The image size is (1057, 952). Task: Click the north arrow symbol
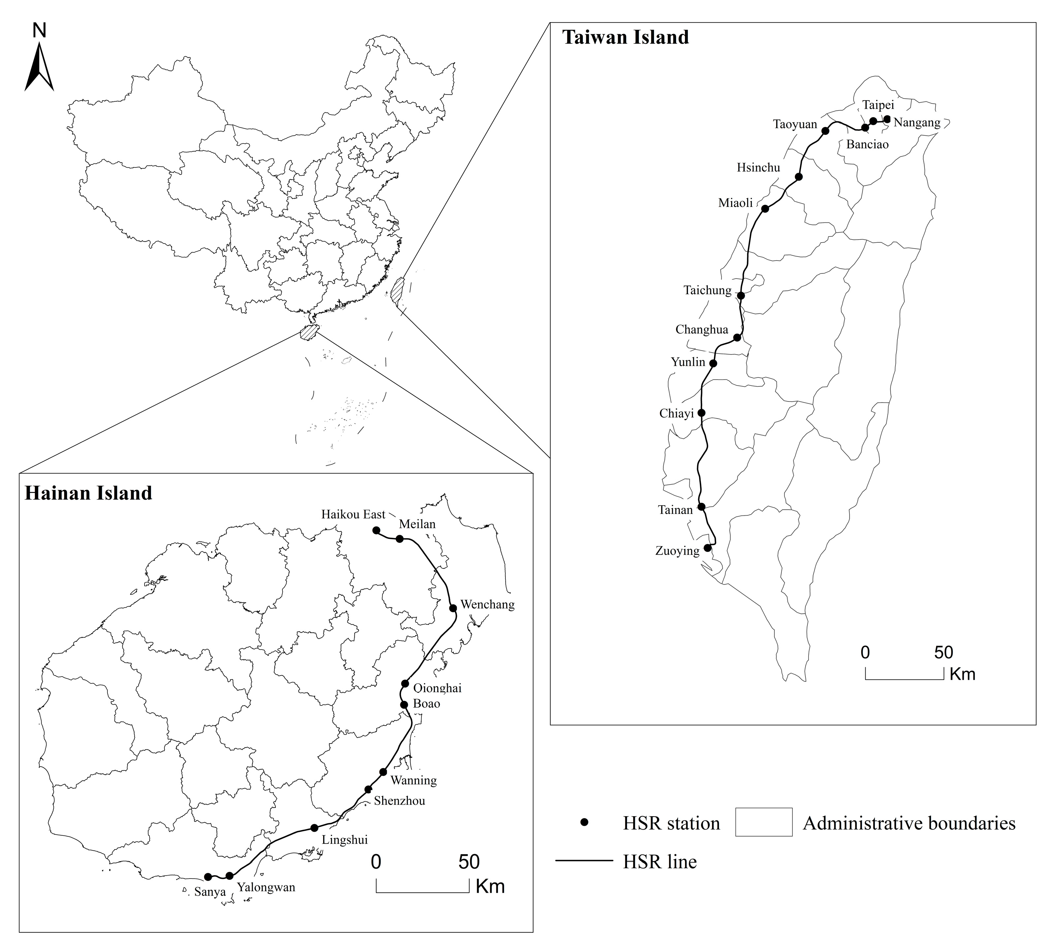[39, 67]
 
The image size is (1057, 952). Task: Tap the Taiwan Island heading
[625, 38]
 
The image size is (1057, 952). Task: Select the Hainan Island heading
[88, 493]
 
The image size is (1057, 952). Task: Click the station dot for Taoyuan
[825, 131]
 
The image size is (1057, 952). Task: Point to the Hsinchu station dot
[799, 177]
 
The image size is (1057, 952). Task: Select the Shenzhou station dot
[368, 789]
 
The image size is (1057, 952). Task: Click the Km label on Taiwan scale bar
[962, 674]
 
